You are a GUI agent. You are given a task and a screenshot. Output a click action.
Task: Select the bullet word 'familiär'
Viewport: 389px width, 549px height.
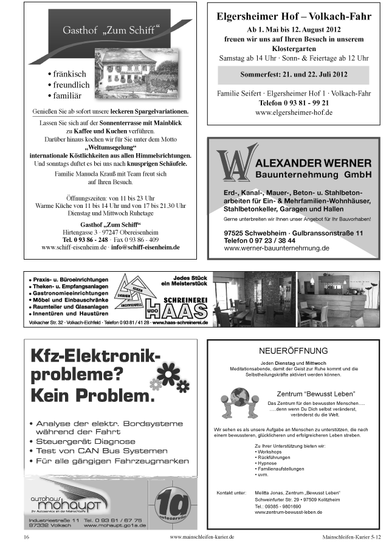71,96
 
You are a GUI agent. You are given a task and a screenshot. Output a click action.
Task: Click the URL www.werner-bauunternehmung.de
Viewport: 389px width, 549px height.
277,248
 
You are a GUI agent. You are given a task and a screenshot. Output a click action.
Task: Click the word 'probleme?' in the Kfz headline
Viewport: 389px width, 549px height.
75,376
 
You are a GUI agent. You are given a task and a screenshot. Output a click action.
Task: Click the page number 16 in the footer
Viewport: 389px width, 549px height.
26,538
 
